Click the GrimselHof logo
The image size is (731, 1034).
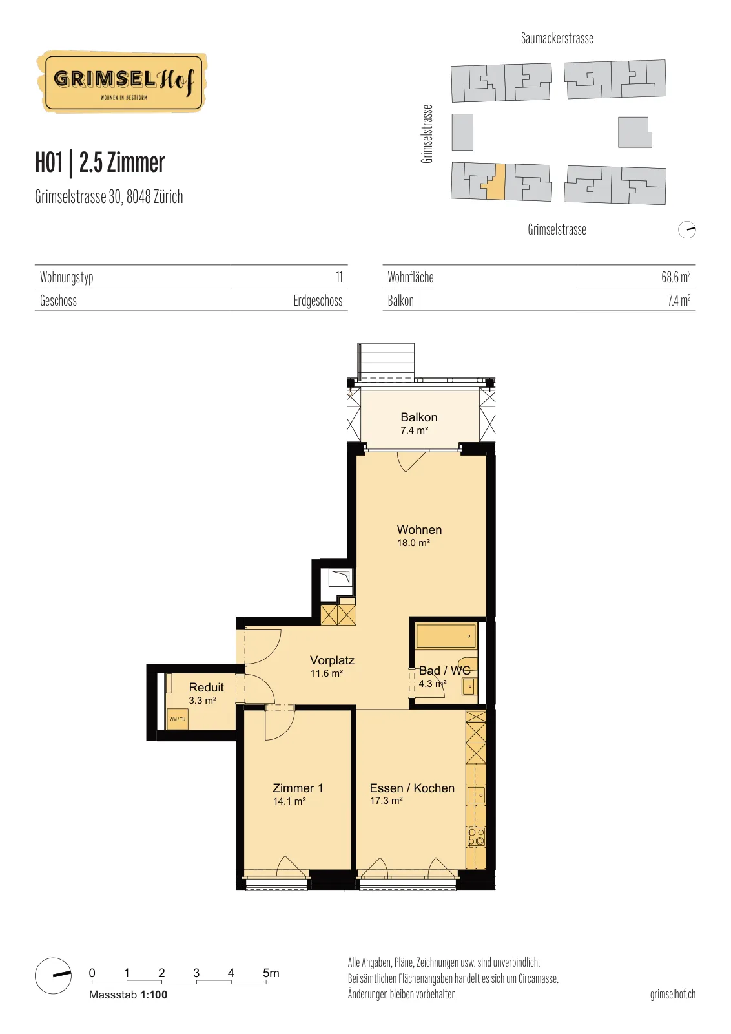coord(122,82)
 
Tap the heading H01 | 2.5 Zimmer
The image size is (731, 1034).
coord(100,163)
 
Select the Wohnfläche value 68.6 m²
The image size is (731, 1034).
coord(675,277)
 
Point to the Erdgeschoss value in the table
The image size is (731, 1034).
coord(318,301)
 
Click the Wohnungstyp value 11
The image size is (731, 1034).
coord(340,277)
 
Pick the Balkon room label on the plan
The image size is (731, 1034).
coord(418,417)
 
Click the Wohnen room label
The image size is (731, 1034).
coord(419,529)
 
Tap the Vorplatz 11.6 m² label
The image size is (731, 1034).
coord(332,666)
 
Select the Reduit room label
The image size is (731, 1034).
coord(206,688)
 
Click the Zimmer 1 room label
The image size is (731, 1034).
coord(298,788)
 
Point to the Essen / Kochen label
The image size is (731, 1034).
coord(412,788)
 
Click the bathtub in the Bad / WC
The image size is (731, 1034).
coord(446,636)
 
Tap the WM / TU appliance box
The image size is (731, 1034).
coord(177,719)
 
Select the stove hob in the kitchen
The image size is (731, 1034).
coord(477,837)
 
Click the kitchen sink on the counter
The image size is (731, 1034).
coord(477,795)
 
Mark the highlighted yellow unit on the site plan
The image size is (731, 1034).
coord(495,182)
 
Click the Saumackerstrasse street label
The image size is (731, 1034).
coord(557,38)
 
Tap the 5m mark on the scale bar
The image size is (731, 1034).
coord(271,973)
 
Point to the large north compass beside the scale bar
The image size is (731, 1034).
coord(54,975)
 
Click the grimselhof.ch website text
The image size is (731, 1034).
coord(673,994)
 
